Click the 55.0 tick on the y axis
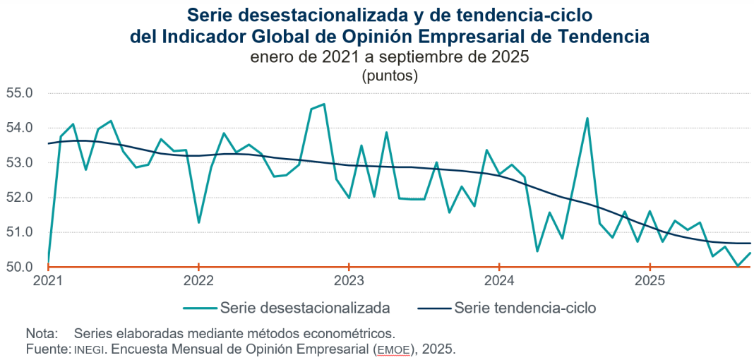pyautogui.click(x=20, y=93)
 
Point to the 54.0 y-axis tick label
pyautogui.click(x=20, y=128)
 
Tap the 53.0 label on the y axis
pyautogui.click(x=20, y=162)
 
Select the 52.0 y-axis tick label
pyautogui.click(x=20, y=197)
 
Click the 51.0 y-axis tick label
pyautogui.click(x=20, y=232)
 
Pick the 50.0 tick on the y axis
pyautogui.click(x=20, y=267)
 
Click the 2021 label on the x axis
pyautogui.click(x=48, y=281)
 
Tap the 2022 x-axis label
pyautogui.click(x=198, y=281)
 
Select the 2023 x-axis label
pyautogui.click(x=349, y=281)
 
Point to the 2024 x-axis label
pyautogui.click(x=499, y=281)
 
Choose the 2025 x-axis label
pyautogui.click(x=650, y=281)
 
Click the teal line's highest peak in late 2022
pyautogui.click(x=323, y=104)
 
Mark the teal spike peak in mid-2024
pyautogui.click(x=587, y=118)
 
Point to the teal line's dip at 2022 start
pyautogui.click(x=198, y=222)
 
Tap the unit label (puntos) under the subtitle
pyautogui.click(x=390, y=76)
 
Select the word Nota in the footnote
pyautogui.click(x=40, y=333)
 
